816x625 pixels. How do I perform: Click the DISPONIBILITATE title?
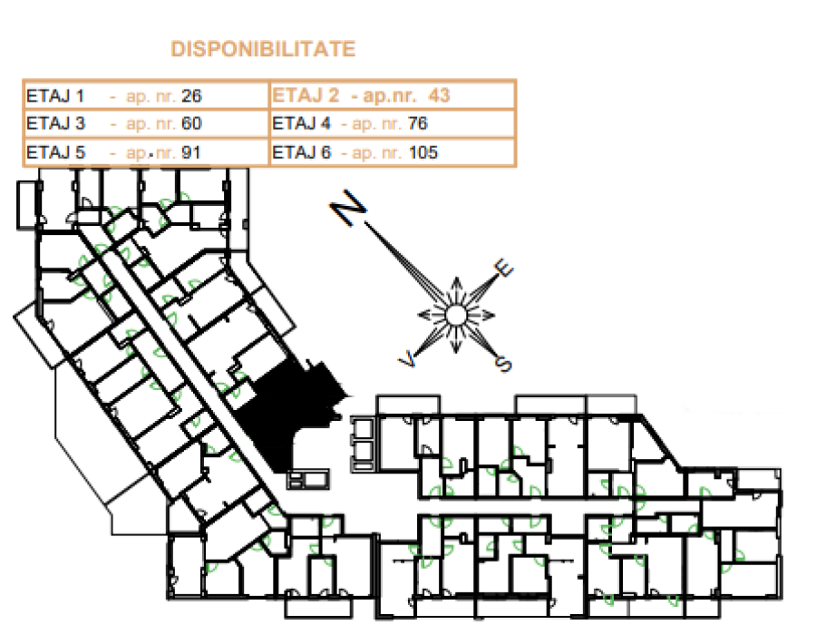click(x=263, y=49)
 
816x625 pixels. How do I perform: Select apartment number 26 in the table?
click(x=191, y=96)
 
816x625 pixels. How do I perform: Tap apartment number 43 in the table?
click(x=439, y=95)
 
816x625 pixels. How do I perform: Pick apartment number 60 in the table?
click(x=191, y=123)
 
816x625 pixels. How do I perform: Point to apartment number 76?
click(x=417, y=123)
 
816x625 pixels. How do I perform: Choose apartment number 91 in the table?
click(x=190, y=152)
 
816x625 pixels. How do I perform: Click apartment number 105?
click(x=423, y=152)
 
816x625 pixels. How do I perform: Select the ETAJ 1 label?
click(x=55, y=96)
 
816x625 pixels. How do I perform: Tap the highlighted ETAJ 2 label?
click(x=306, y=95)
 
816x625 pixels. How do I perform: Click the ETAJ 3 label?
click(x=55, y=123)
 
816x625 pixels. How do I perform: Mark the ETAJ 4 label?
click(x=301, y=123)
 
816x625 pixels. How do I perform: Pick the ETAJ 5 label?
click(x=55, y=152)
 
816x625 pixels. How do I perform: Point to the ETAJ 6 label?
click(x=301, y=152)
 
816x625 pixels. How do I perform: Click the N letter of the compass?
click(x=349, y=208)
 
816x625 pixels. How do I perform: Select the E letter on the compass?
click(x=504, y=268)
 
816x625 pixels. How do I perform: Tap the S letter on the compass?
click(x=503, y=363)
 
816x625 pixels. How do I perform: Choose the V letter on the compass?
click(x=408, y=358)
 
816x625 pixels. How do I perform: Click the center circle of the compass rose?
click(x=456, y=315)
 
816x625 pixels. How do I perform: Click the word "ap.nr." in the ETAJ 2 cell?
click(x=389, y=96)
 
